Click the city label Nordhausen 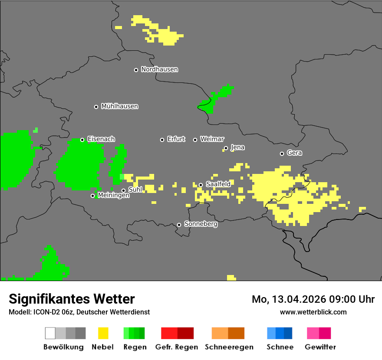point(159,69)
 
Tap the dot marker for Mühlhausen point(96,107)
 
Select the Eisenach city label point(101,139)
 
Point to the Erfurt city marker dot point(162,140)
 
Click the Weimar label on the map point(212,139)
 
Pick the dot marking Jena point(226,148)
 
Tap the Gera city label point(294,153)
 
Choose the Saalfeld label point(218,184)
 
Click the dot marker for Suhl point(123,190)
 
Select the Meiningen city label point(113,196)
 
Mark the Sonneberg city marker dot point(179,225)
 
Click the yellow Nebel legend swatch point(103,333)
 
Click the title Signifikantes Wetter point(72,299)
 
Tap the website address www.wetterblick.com point(313,312)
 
